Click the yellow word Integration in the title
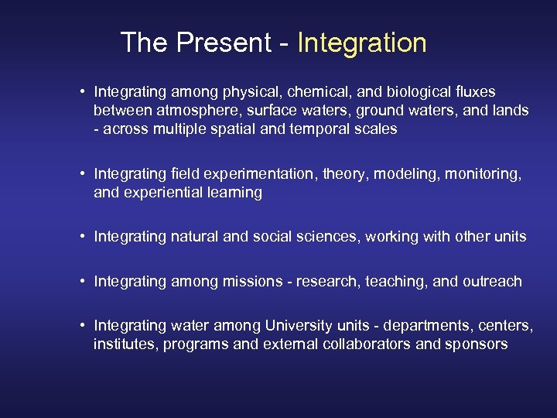(361, 43)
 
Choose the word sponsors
(477, 344)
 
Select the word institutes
(123, 344)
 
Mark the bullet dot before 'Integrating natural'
(82, 236)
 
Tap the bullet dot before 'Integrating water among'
(82, 326)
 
